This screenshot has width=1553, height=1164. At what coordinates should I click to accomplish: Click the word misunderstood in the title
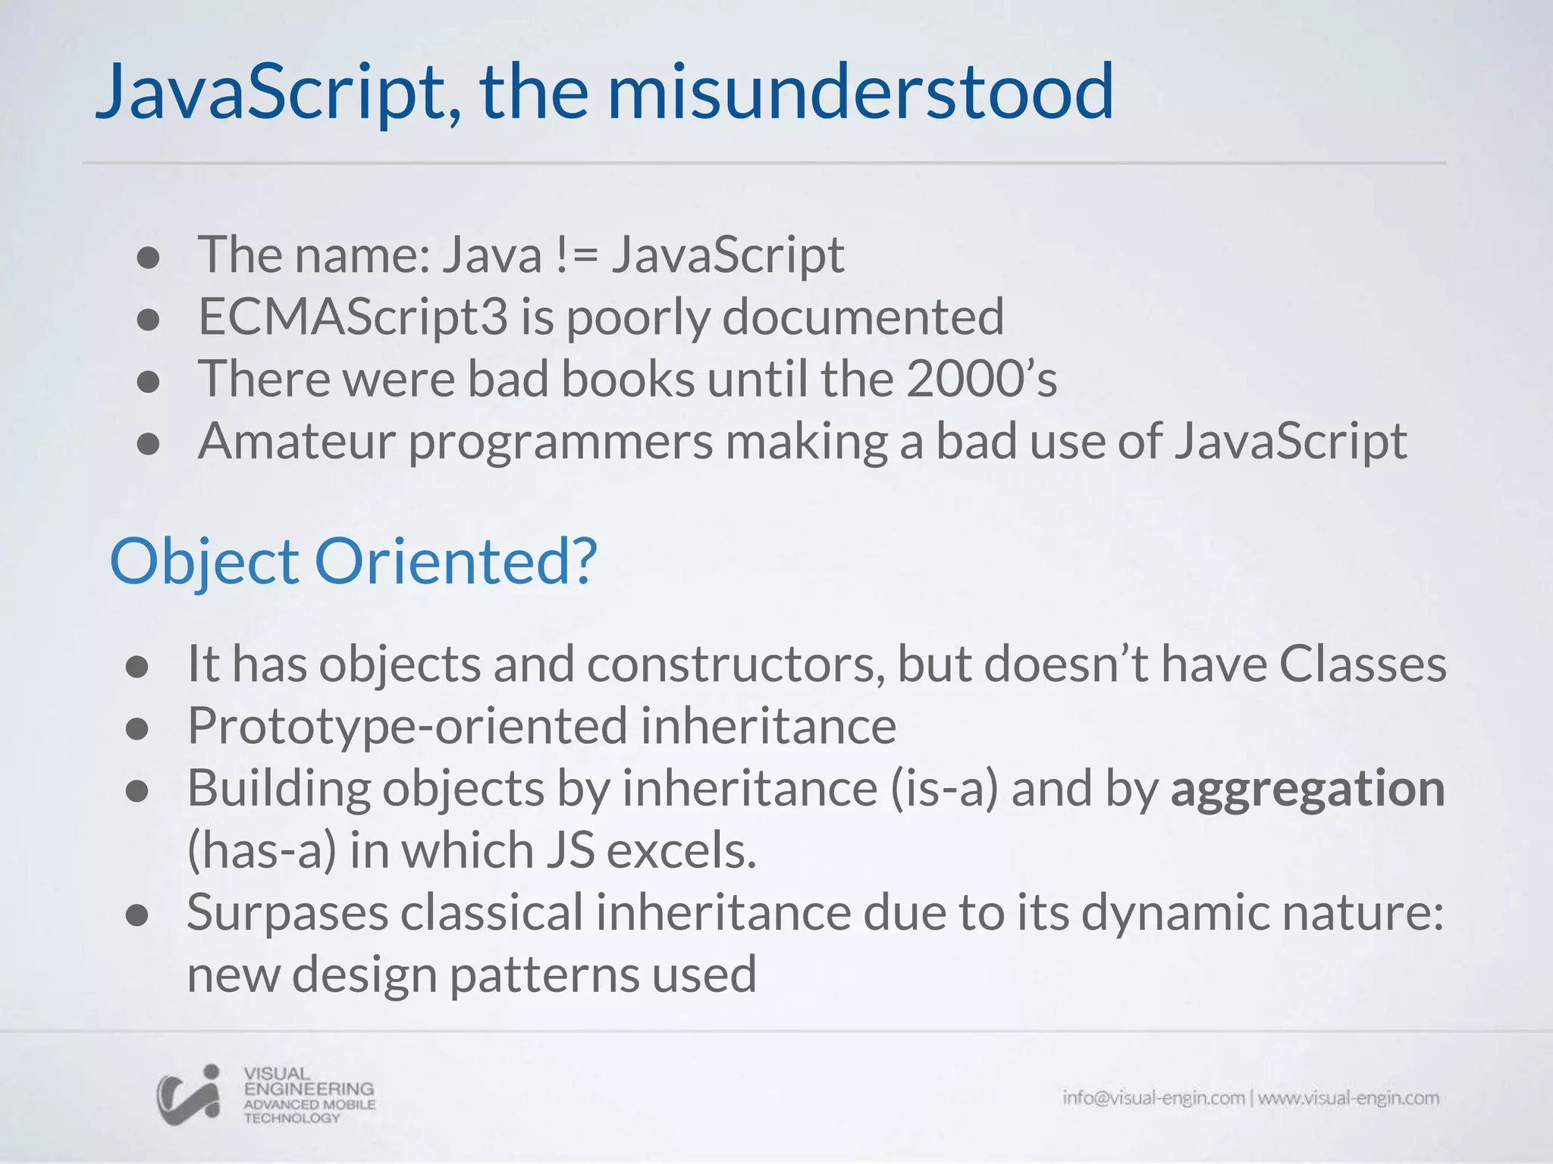tap(860, 92)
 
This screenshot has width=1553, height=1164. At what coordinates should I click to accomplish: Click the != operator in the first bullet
tap(577, 255)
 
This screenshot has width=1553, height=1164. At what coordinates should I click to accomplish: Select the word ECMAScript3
tap(353, 317)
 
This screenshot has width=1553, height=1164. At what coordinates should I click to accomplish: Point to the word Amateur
tap(296, 441)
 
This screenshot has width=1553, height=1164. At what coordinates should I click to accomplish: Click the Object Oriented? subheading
tap(353, 562)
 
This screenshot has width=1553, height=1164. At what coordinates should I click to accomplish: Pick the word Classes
tap(1363, 665)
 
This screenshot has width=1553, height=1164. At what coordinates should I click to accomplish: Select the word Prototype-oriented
tap(407, 726)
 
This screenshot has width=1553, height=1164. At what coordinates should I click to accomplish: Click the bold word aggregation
tap(1307, 788)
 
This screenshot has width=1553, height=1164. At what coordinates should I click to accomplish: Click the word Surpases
tap(287, 912)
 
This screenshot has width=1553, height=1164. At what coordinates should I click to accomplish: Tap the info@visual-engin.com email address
tap(1153, 1098)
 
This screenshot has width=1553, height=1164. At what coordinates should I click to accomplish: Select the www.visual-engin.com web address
tap(1348, 1098)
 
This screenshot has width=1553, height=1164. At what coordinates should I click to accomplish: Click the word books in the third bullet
tap(627, 379)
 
